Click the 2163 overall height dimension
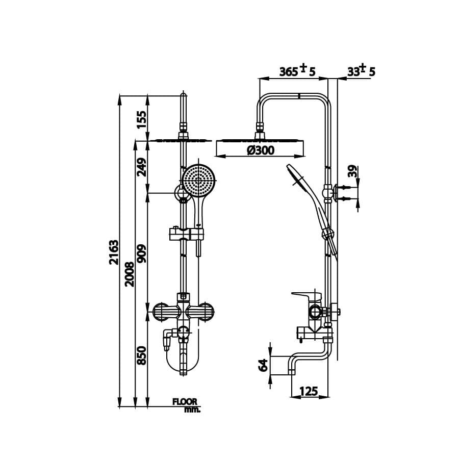click(x=114, y=252)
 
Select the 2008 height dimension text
click(x=130, y=274)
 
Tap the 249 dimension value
click(x=142, y=166)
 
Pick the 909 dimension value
click(x=142, y=253)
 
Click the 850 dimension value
click(x=142, y=355)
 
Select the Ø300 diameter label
click(x=260, y=150)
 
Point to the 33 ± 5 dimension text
click(x=361, y=70)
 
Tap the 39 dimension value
click(x=352, y=171)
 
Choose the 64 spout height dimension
click(x=263, y=365)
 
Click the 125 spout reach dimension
click(x=308, y=392)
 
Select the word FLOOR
click(x=184, y=402)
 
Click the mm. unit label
click(x=192, y=409)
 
